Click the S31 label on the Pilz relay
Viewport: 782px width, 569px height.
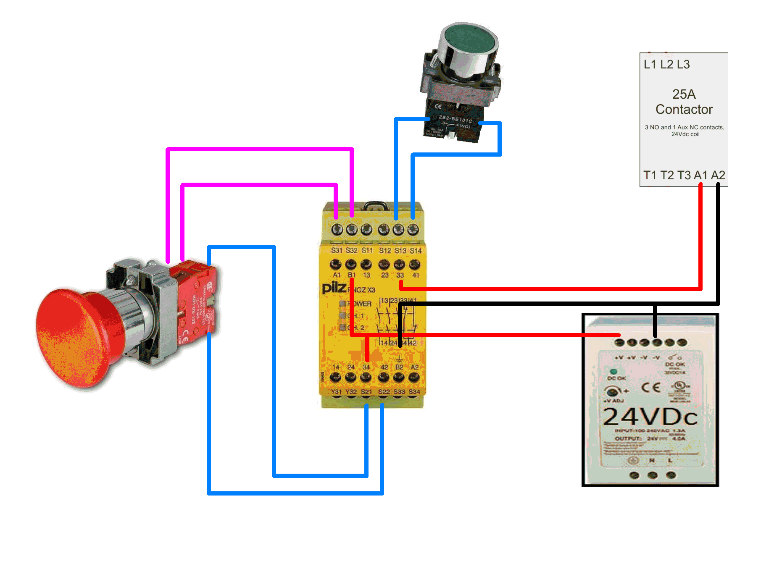(337, 251)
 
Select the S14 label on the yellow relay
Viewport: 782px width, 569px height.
(416, 251)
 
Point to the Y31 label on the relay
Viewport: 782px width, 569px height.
(336, 392)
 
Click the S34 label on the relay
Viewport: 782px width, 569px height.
(414, 392)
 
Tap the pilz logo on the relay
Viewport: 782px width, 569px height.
(334, 288)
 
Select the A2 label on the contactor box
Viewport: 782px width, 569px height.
(718, 175)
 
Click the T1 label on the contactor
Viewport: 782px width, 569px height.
(650, 175)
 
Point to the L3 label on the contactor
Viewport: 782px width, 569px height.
(683, 64)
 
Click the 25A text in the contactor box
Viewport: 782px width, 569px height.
(684, 94)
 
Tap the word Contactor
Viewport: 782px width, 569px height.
(684, 109)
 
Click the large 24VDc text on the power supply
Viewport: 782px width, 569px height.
(650, 417)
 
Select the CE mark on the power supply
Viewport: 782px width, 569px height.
(651, 387)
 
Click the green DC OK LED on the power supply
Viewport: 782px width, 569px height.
(613, 372)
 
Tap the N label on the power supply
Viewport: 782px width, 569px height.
(652, 461)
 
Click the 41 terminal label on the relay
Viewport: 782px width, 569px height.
(416, 275)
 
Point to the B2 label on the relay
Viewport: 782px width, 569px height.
(399, 367)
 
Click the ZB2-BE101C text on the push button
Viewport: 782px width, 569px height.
(455, 119)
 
